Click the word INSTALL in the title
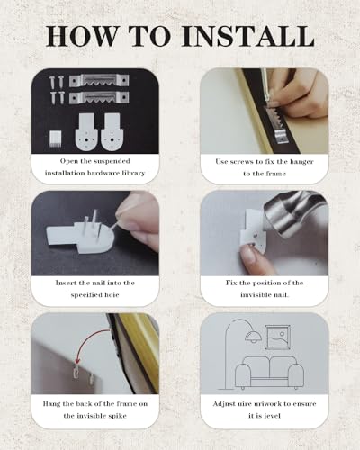[248, 36]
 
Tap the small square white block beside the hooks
[56, 139]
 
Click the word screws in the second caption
[242, 161]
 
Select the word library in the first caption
[134, 173]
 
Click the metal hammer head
[292, 213]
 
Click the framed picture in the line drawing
[278, 337]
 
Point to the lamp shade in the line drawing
[253, 337]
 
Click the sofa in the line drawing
[269, 373]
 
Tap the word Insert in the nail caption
[65, 283]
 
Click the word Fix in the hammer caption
[231, 283]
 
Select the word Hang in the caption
[51, 403]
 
